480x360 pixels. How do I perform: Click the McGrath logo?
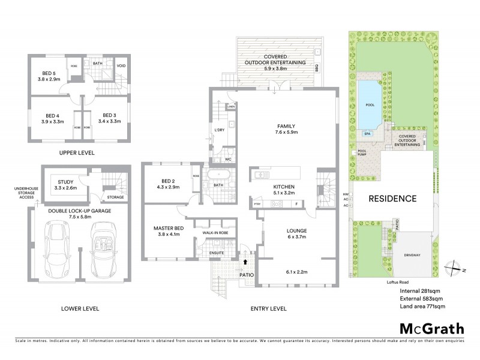click(432, 329)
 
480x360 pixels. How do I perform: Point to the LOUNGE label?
click(296, 230)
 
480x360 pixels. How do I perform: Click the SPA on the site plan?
click(367, 134)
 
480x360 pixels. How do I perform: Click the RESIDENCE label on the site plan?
click(392, 199)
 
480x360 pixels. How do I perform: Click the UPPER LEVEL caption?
click(77, 153)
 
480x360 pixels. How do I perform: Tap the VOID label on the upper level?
click(121, 65)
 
